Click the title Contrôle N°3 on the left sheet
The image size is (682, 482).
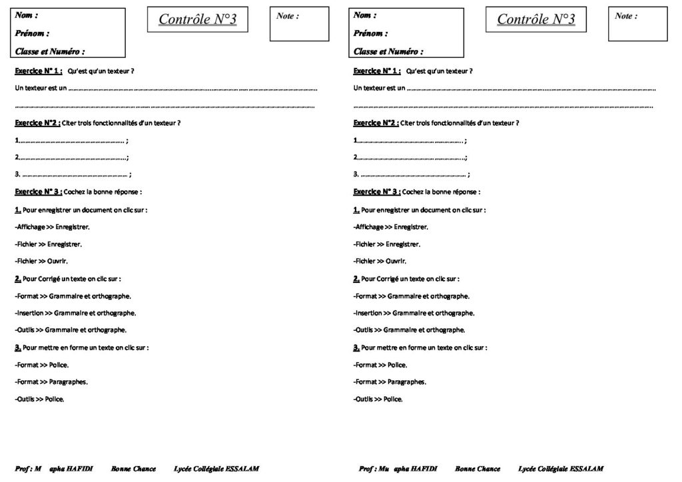[197, 20]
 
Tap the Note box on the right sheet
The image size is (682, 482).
[637, 25]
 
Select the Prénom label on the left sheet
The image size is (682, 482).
[33, 33]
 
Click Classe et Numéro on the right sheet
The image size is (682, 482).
[388, 51]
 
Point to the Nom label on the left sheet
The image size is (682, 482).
[26, 15]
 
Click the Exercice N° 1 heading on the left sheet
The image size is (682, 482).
[39, 71]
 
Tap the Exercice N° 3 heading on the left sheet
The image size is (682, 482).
[39, 192]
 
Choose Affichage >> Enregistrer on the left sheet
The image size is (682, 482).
[52, 227]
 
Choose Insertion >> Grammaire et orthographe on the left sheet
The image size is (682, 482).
[75, 313]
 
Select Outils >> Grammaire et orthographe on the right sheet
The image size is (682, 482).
[409, 330]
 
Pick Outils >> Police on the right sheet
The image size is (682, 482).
[378, 399]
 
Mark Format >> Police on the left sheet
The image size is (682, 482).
[41, 365]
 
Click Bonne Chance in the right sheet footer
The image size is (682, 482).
[478, 469]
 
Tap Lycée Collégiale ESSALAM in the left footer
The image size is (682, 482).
[216, 469]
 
